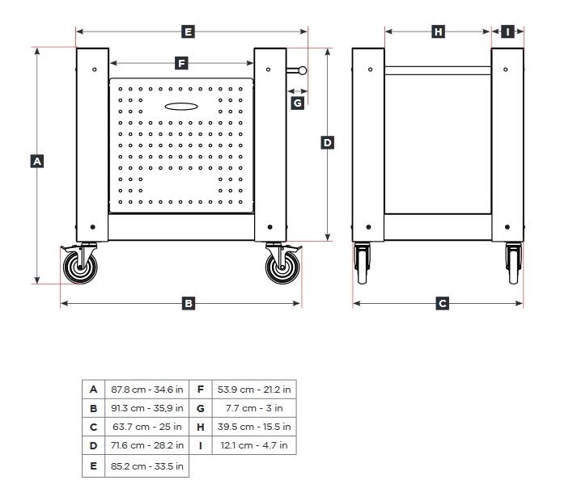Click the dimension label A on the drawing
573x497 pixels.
pos(36,162)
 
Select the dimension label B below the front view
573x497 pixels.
pos(188,304)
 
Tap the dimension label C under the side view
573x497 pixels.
pos(442,304)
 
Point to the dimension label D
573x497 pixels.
pos(327,143)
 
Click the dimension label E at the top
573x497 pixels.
pos(188,32)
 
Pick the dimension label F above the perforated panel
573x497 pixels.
pos(180,63)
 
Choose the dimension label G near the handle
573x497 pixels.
pos(298,103)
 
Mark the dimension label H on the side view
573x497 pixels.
pos(438,32)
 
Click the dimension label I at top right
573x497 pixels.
pos(507,32)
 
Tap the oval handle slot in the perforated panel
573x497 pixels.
pos(180,106)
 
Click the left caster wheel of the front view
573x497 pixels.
pos(79,266)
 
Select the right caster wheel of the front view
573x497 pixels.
pos(282,266)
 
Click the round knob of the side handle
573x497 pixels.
pos(302,69)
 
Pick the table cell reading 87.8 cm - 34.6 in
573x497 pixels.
pos(146,389)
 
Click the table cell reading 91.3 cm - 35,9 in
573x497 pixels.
pos(146,408)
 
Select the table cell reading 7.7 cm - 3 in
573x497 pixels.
pos(253,408)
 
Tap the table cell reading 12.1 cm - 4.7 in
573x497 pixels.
pos(253,446)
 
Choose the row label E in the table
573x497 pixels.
pos(94,465)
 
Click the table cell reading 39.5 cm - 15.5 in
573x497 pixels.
pos(253,427)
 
